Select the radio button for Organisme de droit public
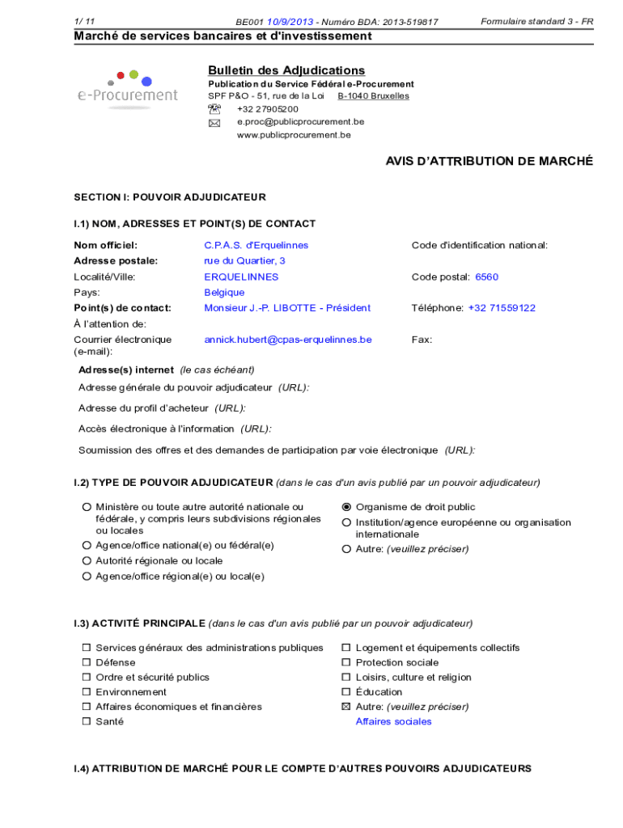tap(347, 507)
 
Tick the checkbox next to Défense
tap(86, 662)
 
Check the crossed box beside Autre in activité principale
tap(346, 707)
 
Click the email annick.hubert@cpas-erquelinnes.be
tap(287, 340)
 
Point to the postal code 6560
tap(486, 277)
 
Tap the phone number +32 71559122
tap(502, 308)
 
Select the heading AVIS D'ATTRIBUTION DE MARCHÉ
tap(489, 162)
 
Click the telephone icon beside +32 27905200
tap(214, 109)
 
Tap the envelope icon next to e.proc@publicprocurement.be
tap(214, 123)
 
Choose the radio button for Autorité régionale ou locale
tap(86, 560)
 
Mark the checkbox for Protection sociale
tap(346, 662)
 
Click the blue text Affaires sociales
tap(393, 721)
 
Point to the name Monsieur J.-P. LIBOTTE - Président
tap(287, 308)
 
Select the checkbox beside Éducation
tap(346, 692)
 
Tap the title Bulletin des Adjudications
tap(286, 70)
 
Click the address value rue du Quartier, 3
tap(244, 260)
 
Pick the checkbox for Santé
tap(86, 721)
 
